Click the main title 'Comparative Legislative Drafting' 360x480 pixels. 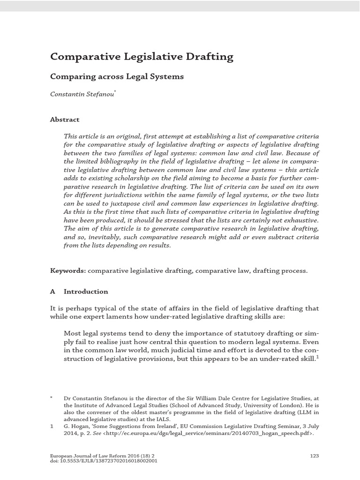(142, 57)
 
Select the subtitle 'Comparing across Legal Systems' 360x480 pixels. (117, 76)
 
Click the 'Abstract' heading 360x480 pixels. (65, 120)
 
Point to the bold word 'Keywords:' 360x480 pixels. (68, 271)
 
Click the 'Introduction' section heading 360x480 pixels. (86, 292)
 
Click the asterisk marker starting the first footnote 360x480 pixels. (52, 397)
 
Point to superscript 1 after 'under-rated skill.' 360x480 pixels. (317, 357)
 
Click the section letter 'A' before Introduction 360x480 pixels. (52, 292)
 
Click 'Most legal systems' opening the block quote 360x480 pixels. (94, 333)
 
